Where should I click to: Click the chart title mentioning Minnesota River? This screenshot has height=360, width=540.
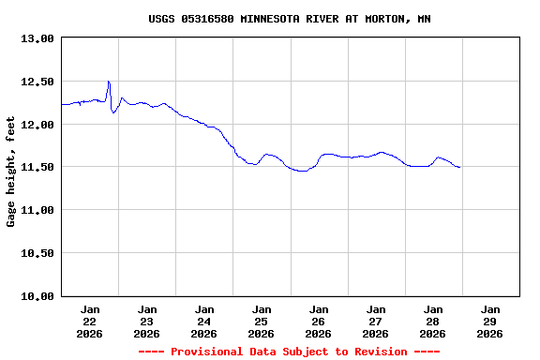[x=290, y=19]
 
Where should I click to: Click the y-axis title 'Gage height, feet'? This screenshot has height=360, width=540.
[x=11, y=172]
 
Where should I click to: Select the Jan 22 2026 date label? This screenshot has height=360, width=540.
[x=90, y=321]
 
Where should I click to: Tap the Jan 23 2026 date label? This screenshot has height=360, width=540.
[x=147, y=321]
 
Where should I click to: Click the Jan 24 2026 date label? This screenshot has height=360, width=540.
[x=204, y=321]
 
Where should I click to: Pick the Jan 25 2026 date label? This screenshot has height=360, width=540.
[x=262, y=321]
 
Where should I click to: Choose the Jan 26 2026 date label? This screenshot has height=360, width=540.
[x=319, y=321]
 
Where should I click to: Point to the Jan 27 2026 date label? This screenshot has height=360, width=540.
[x=376, y=321]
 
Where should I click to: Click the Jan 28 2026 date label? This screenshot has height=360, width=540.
[x=433, y=321]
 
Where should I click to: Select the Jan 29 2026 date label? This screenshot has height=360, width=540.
[x=490, y=321]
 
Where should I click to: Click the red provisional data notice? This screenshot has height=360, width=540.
[x=290, y=352]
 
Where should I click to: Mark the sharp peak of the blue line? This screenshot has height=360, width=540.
[x=109, y=82]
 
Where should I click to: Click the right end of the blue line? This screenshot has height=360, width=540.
[x=459, y=167]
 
